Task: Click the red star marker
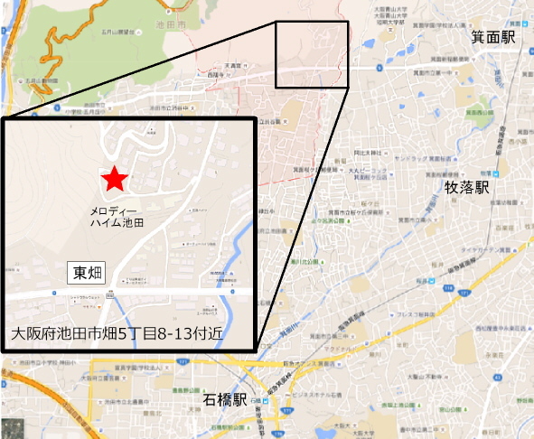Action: [114, 180]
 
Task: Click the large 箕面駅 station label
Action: [492, 37]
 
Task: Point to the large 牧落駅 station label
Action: [466, 188]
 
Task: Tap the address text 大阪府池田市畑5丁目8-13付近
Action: [117, 333]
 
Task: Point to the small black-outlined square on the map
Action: [311, 55]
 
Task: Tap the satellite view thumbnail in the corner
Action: [14, 425]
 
